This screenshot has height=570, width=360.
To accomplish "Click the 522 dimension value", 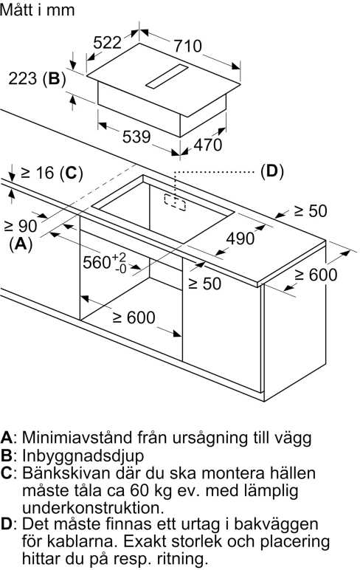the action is (107, 43).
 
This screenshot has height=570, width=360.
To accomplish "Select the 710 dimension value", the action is (187, 47).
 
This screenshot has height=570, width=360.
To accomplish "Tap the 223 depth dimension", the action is (23, 78).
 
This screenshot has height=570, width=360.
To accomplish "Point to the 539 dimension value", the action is (136, 137).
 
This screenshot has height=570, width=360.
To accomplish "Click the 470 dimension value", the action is (207, 145).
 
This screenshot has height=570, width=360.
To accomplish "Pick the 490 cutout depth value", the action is (240, 238).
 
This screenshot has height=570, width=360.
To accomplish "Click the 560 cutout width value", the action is (104, 261).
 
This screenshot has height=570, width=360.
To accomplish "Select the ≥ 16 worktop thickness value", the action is (38, 173).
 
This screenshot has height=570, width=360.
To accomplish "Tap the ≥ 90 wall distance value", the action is (21, 226).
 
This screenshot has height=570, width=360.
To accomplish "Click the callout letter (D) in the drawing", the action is (272, 171).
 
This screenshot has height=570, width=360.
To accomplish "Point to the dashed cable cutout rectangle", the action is (175, 202).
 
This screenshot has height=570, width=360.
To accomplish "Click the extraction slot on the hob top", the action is (167, 77).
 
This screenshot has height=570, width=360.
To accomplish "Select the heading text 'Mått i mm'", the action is (38, 10).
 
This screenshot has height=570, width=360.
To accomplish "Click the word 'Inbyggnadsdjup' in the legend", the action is (83, 456).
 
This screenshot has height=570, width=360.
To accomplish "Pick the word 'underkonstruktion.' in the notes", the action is (93, 507).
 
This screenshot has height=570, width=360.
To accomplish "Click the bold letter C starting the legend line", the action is (7, 473).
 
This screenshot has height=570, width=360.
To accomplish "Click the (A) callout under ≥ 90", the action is (21, 244).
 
